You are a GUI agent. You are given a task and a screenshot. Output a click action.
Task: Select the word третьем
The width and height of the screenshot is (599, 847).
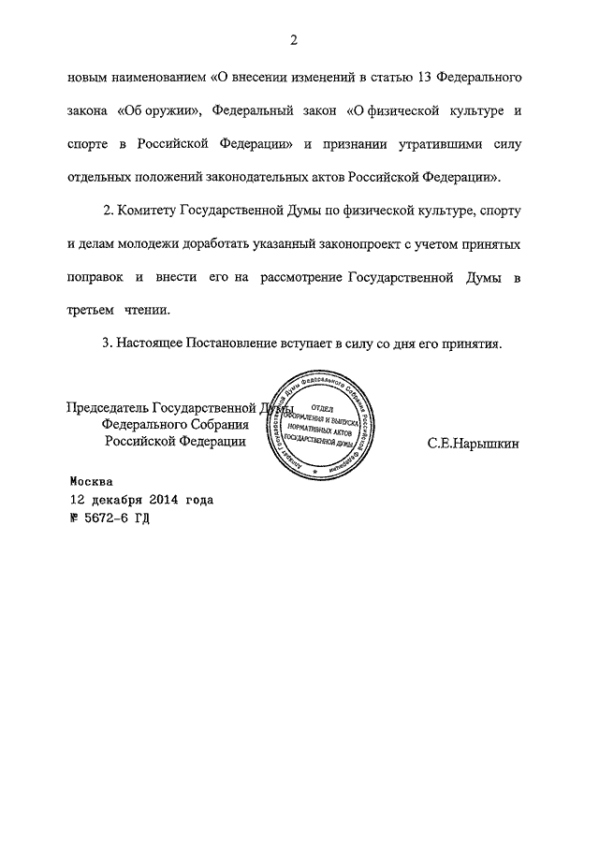coord(89,311)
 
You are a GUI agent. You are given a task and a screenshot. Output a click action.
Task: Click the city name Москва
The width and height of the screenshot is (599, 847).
coord(92,482)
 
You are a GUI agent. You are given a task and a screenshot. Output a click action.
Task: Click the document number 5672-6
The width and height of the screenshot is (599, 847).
coord(110,517)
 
